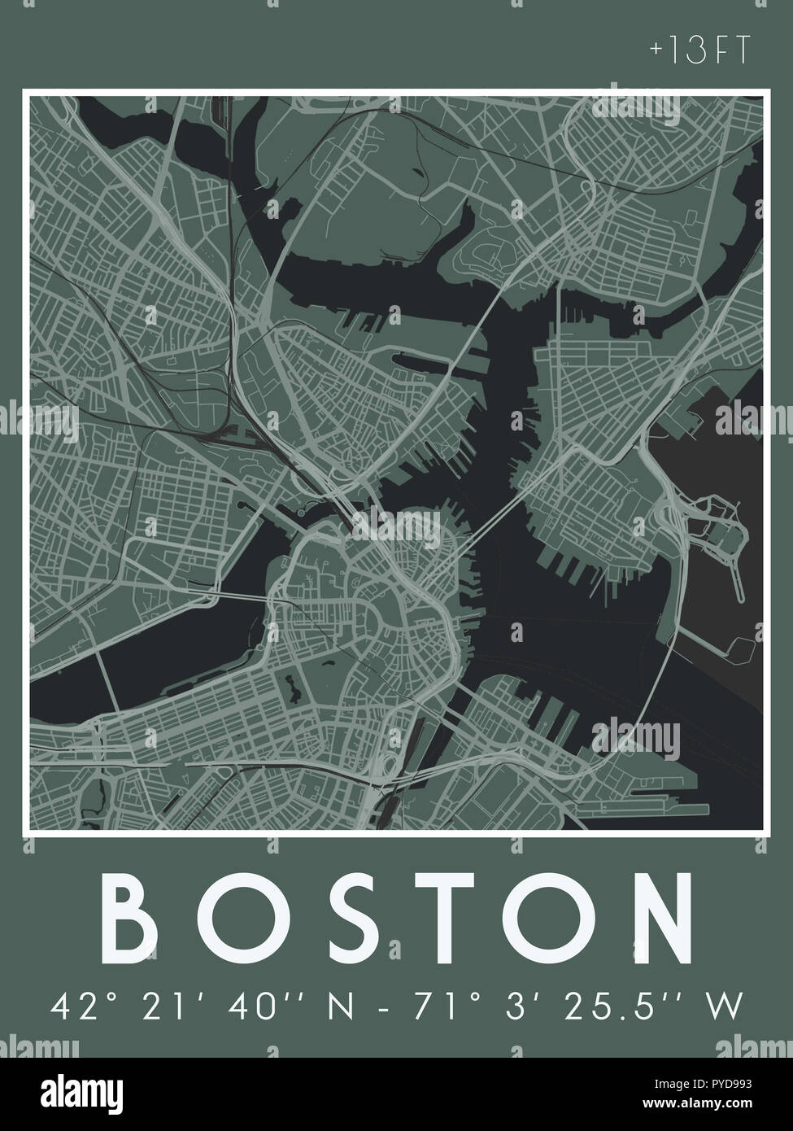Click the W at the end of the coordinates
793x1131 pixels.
pyautogui.click(x=725, y=1007)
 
